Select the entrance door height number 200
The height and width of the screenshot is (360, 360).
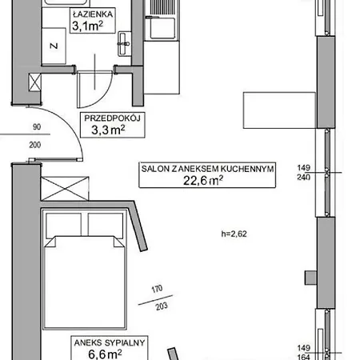[37, 144]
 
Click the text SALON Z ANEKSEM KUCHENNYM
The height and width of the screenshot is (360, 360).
[207, 169]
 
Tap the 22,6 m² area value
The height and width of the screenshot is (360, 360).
[205, 181]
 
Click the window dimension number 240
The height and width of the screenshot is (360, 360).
[324, 178]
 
